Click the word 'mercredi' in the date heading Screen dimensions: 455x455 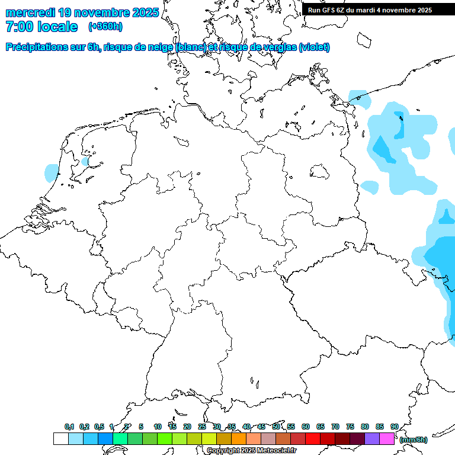pos(31,12)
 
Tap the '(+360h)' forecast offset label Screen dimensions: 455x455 pos(105,27)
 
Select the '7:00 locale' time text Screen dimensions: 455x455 pos(41,27)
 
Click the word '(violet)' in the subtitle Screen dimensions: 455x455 pos(315,47)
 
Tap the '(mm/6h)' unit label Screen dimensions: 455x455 pos(414,440)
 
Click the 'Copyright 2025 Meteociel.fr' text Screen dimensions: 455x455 pos(251,450)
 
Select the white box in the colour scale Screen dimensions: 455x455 pos(60,438)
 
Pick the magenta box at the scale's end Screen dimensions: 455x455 pos(387,438)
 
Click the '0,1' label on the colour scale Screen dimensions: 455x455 pos(69,427)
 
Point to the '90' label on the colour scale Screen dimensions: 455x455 pos(394,427)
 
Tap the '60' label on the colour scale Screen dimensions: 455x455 pos(306,427)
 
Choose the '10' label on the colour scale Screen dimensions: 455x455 pos(158,427)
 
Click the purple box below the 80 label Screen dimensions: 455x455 pos(372,438)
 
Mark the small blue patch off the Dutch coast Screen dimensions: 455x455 pos(52,172)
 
